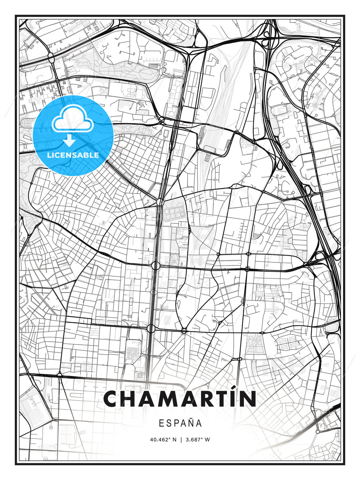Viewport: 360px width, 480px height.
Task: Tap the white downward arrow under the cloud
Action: click(69, 141)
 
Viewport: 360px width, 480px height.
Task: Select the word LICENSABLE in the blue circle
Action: click(73, 155)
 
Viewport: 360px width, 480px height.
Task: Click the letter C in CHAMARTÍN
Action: click(112, 399)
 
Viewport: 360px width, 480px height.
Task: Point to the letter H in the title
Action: click(132, 399)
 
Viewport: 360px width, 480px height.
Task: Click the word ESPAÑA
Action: click(180, 423)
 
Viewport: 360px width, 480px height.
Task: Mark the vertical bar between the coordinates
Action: click(181, 439)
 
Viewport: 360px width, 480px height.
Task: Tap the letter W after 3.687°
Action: click(207, 439)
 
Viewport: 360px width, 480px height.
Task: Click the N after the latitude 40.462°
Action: click(174, 439)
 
